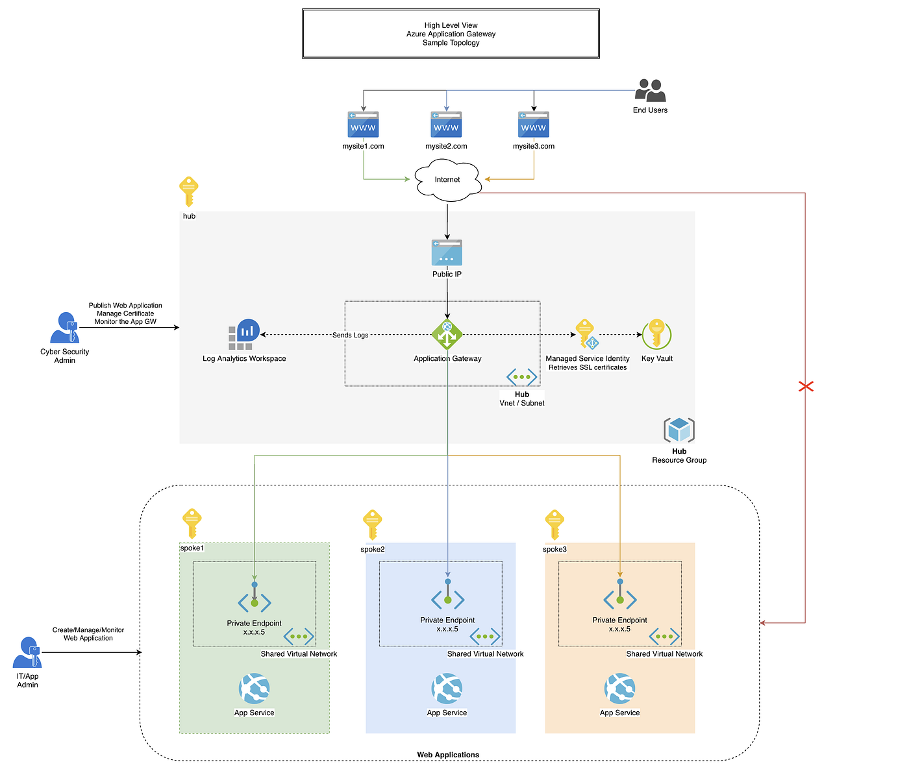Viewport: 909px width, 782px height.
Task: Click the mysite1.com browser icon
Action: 363,125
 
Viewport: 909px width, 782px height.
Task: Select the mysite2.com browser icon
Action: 446,125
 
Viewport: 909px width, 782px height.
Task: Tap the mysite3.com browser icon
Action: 534,125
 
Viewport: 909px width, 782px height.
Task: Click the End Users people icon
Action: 651,91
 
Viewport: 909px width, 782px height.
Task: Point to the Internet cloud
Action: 447,180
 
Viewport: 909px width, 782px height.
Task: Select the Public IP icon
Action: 447,253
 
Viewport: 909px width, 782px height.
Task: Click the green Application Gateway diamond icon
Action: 447,335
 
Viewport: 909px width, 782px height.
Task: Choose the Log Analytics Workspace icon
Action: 244,335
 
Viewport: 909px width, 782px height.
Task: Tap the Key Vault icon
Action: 656,334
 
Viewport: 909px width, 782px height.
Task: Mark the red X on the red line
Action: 806,387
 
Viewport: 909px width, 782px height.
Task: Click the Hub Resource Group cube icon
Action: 679,430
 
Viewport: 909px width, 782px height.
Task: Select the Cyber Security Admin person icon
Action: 64,328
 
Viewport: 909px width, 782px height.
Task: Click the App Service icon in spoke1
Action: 254,689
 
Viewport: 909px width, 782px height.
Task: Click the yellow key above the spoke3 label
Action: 554,525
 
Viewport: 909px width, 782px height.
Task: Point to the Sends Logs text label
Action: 350,336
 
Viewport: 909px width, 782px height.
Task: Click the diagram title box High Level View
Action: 451,34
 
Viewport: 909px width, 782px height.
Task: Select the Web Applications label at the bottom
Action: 448,755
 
